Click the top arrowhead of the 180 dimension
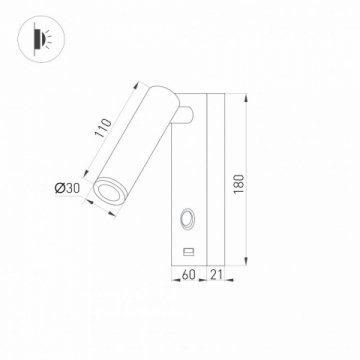coord(244,98)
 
